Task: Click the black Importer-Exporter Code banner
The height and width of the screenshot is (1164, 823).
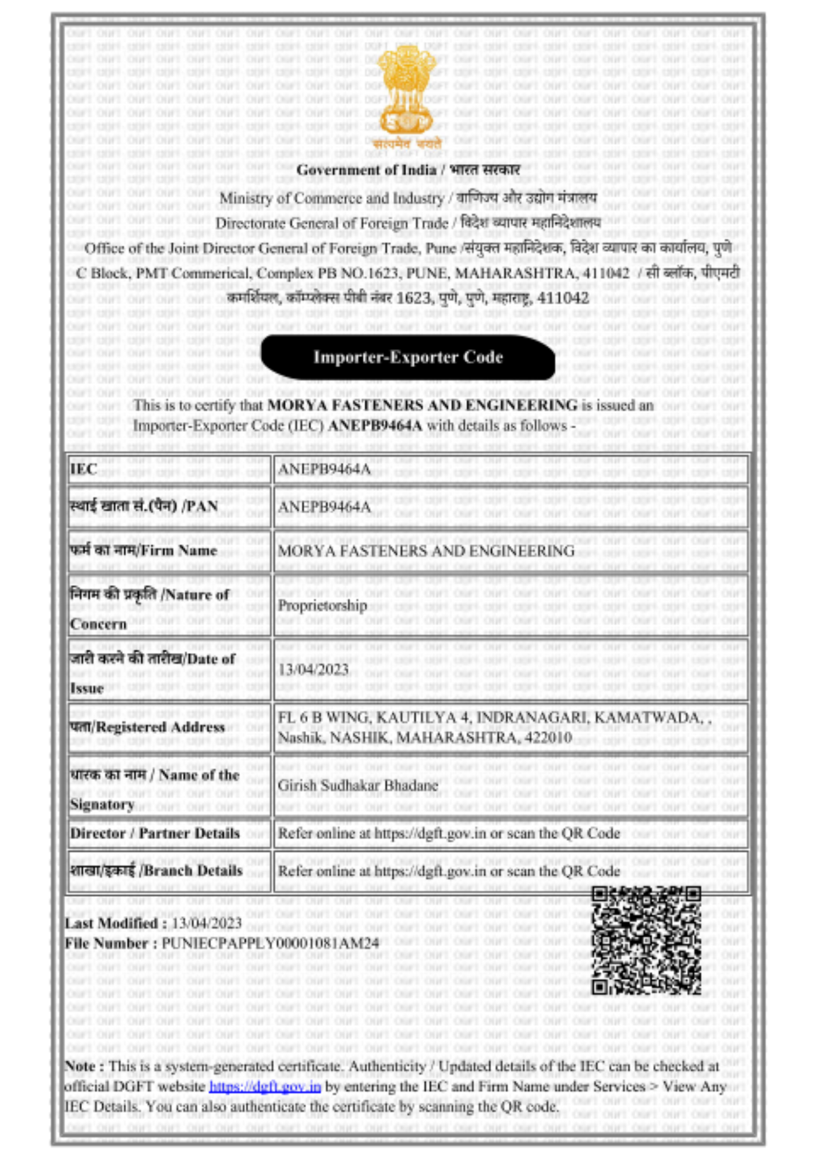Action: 407,357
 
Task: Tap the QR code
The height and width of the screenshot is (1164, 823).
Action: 646,940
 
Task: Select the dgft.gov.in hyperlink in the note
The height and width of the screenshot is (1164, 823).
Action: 265,1086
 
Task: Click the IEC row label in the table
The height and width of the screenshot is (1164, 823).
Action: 84,469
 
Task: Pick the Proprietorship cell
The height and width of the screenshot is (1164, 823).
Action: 322,605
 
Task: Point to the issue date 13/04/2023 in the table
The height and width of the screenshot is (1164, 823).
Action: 313,669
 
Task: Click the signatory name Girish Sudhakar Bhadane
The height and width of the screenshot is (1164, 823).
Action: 357,785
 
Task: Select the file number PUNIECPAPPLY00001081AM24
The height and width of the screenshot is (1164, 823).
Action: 270,943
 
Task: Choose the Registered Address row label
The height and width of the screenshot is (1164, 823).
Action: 147,727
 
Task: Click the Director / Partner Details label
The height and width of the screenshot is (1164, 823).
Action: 155,833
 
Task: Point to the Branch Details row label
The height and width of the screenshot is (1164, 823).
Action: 156,871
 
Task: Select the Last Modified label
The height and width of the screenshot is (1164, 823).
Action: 112,923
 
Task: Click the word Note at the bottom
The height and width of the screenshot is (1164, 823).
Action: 80,1066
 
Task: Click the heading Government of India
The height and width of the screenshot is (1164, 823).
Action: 367,170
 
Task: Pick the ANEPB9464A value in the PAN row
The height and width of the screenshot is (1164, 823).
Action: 324,507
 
